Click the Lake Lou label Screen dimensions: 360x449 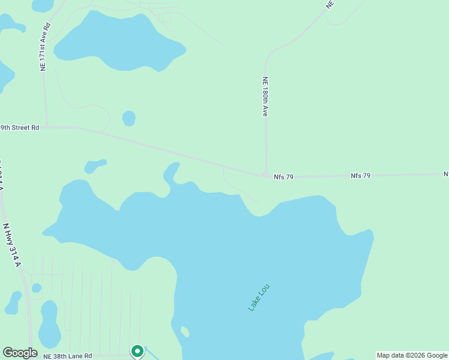pyautogui.click(x=259, y=297)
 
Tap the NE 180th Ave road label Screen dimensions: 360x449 pyautogui.click(x=265, y=96)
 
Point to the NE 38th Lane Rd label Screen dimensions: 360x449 pyautogui.click(x=67, y=356)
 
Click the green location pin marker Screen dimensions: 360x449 pyautogui.click(x=137, y=350)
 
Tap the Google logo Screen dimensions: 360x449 pyautogui.click(x=20, y=353)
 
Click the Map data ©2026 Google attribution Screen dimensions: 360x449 pyautogui.click(x=412, y=355)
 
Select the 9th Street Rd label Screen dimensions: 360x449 pyautogui.click(x=20, y=127)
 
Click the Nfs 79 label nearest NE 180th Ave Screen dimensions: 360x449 pyautogui.click(x=283, y=177)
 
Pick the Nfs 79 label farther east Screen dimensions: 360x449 pyautogui.click(x=361, y=176)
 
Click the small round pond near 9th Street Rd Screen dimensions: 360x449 pyautogui.click(x=128, y=118)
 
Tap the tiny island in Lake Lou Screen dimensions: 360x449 pyautogui.click(x=185, y=332)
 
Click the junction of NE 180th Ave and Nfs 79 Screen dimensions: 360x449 pyautogui.click(x=265, y=175)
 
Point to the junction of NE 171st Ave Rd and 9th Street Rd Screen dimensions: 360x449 pyautogui.click(x=46, y=127)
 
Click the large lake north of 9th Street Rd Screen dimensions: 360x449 pyautogui.click(x=117, y=42)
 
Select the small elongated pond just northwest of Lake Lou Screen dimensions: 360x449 pyautogui.click(x=95, y=165)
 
